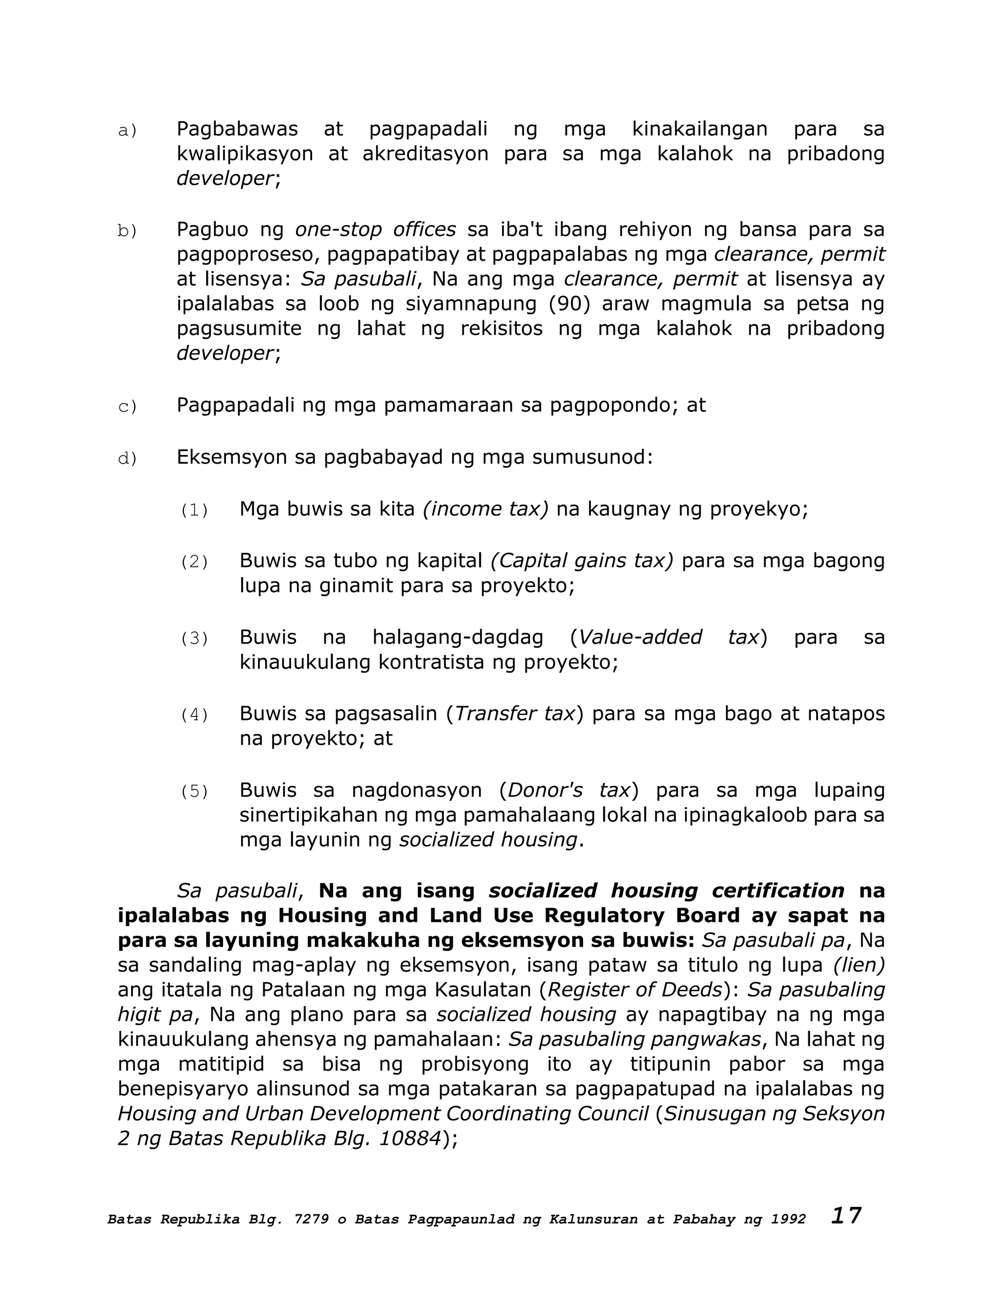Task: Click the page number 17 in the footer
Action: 845,1216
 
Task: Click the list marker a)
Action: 127,131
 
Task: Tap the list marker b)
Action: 127,231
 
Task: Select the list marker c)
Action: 127,406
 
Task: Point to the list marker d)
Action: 127,459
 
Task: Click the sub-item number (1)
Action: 194,510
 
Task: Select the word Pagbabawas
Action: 237,129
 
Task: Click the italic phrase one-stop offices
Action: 375,229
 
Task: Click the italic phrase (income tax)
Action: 485,509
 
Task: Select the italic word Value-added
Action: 640,637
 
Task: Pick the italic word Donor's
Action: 545,790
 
